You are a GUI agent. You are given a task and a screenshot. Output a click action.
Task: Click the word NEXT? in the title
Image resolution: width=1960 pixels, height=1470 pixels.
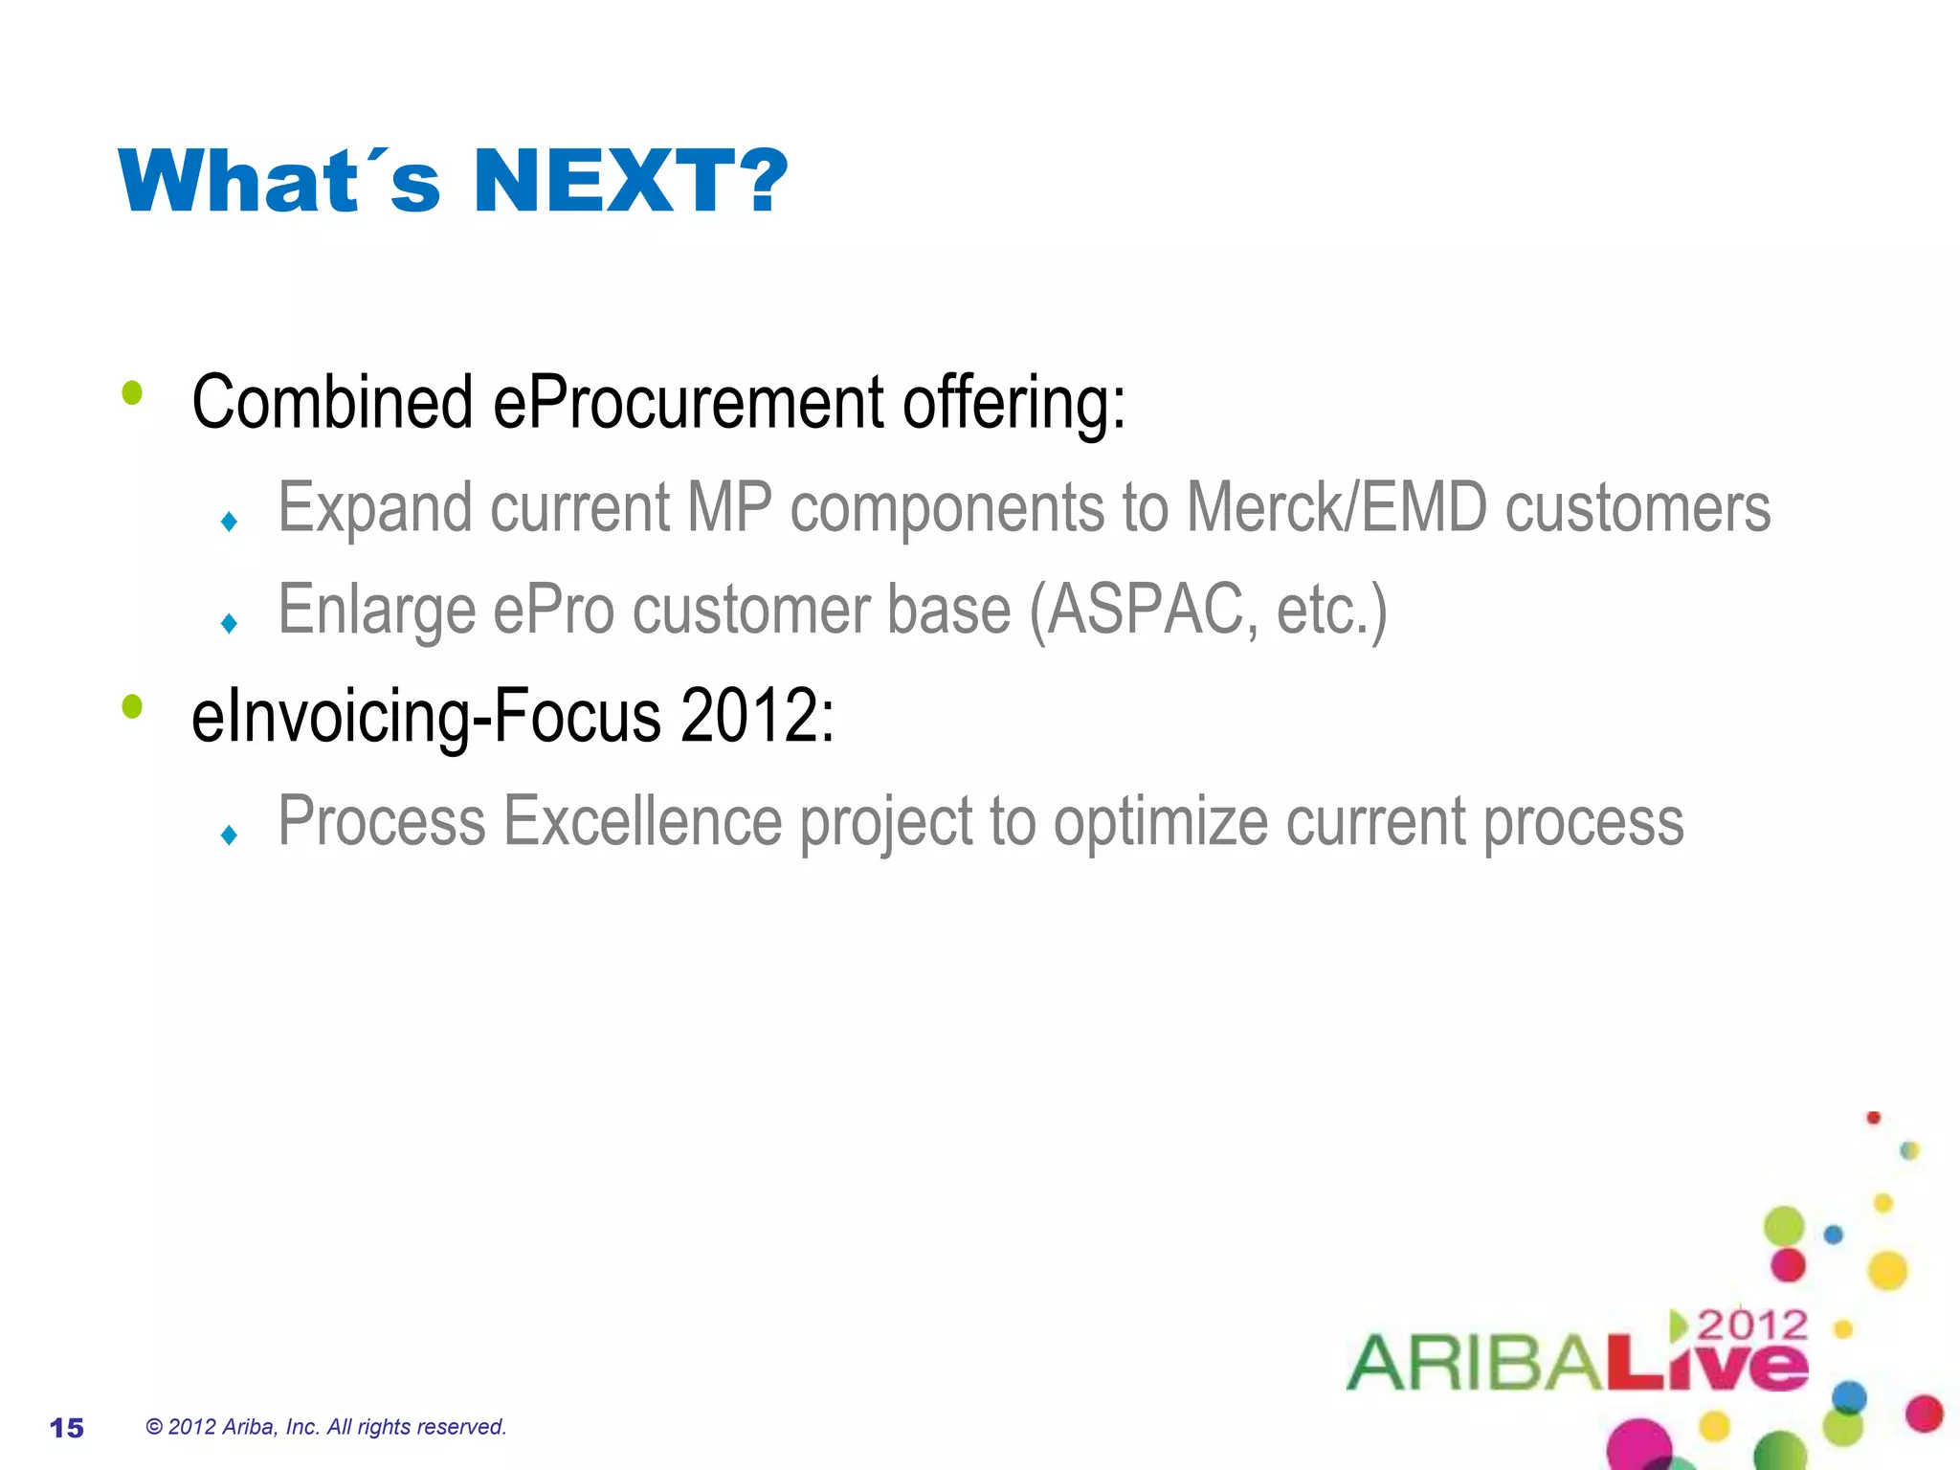630,181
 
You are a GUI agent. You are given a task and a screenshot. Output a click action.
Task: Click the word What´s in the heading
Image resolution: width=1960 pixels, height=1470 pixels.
279,181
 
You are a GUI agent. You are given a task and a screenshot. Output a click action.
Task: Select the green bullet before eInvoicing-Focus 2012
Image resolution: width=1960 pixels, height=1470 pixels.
132,707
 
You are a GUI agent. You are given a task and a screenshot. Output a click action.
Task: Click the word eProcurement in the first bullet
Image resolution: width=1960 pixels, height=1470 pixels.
688,402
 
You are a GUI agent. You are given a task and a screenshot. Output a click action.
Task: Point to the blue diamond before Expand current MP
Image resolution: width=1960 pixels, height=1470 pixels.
229,522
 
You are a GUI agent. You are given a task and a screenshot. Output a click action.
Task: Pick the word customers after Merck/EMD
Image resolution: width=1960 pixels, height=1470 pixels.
1637,507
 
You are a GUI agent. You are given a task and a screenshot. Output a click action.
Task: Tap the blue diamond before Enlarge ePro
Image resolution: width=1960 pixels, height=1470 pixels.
229,624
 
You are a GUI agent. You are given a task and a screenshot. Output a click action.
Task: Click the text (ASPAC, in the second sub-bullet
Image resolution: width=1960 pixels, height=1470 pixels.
1143,610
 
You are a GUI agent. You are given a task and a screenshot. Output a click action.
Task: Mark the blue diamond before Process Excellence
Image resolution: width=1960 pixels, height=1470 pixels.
229,835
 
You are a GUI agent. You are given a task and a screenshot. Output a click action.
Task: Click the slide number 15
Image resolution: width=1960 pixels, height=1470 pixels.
67,1428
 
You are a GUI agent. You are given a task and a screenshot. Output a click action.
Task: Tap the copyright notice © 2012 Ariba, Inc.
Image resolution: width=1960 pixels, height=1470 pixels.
325,1427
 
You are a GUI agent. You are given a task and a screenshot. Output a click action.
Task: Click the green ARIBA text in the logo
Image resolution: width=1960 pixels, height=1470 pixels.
1474,1363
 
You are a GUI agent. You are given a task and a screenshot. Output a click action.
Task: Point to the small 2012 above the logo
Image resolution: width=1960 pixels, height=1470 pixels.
1751,1325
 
